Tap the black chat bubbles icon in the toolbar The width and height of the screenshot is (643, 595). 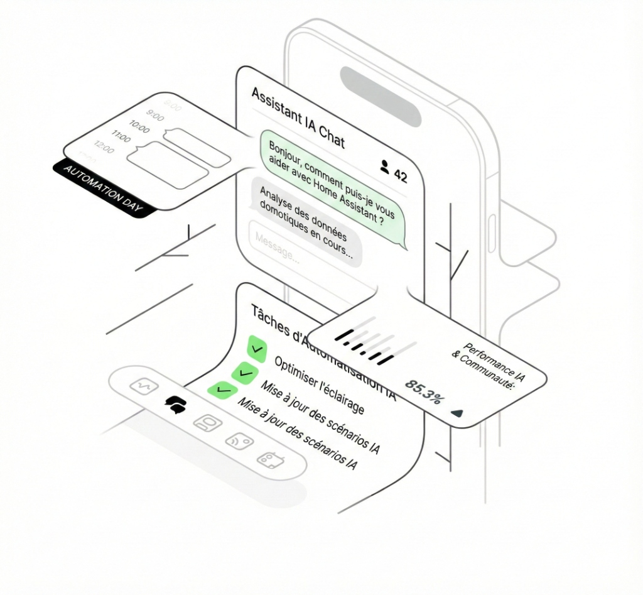tap(175, 405)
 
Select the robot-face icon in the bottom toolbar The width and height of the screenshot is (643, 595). tap(207, 423)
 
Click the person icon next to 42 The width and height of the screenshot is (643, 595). tap(385, 166)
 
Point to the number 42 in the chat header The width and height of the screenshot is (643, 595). tap(400, 175)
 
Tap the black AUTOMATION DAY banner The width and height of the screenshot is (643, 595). tap(104, 188)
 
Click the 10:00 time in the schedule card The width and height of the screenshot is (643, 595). tap(139, 129)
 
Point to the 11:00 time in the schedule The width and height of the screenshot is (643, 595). tap(121, 136)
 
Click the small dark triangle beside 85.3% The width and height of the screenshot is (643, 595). tap(457, 413)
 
